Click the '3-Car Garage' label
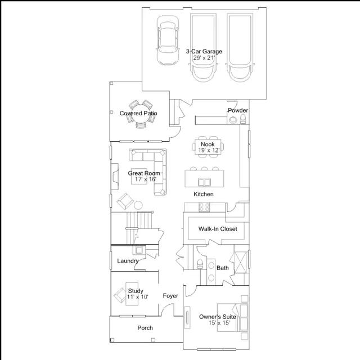tap(204, 51)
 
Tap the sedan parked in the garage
tap(168, 40)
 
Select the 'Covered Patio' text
tap(138, 113)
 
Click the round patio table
tap(141, 114)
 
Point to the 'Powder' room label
tap(238, 110)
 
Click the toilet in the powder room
tap(243, 119)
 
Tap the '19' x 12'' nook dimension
tap(209, 151)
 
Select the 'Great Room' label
tap(144, 173)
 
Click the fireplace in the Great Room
tap(115, 177)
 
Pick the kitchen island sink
tap(204, 182)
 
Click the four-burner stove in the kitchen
tap(204, 207)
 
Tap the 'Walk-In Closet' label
tap(218, 229)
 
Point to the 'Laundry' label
tap(128, 261)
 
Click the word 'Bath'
tap(223, 268)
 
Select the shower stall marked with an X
tap(240, 262)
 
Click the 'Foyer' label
tap(170, 296)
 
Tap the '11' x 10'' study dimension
tap(138, 297)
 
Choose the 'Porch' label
tap(145, 328)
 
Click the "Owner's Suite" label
tap(218, 317)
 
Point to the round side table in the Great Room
tap(138, 205)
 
